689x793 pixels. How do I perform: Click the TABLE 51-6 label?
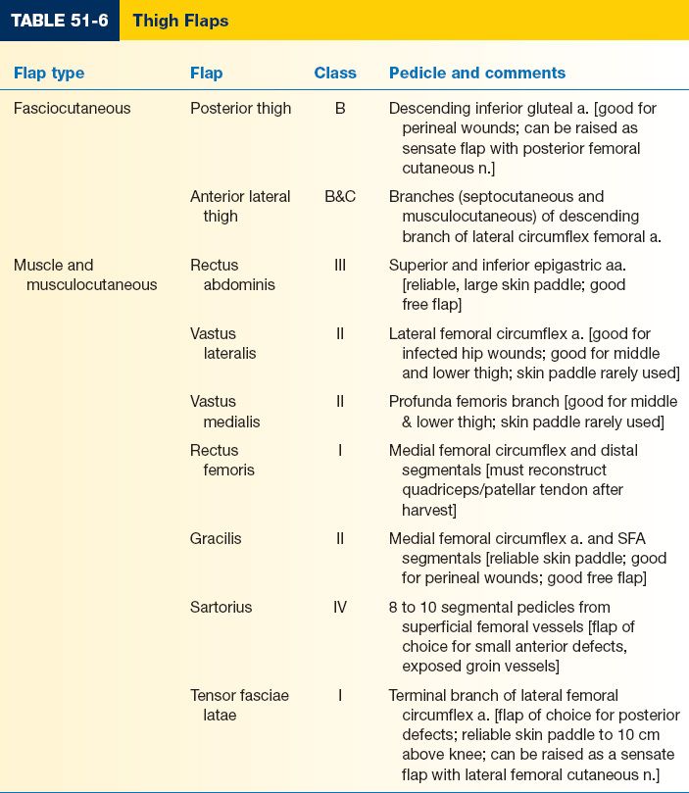[60, 21]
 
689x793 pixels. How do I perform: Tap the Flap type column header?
[49, 73]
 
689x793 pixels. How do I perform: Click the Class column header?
[335, 73]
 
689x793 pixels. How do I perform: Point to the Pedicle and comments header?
[477, 73]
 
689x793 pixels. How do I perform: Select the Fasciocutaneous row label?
[72, 108]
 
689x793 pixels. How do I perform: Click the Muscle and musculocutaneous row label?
[85, 274]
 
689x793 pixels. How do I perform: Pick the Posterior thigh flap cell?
[240, 108]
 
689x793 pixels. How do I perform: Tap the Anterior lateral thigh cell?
[240, 206]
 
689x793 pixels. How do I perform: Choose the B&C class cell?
[340, 196]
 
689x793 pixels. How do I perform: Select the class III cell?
[340, 265]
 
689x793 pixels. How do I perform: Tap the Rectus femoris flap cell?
[221, 460]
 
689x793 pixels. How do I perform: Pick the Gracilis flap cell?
[216, 538]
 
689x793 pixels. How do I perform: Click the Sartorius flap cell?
[221, 607]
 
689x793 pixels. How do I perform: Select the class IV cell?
[340, 607]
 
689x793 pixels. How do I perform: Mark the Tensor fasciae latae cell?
[239, 705]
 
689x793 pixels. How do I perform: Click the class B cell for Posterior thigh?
[340, 108]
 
